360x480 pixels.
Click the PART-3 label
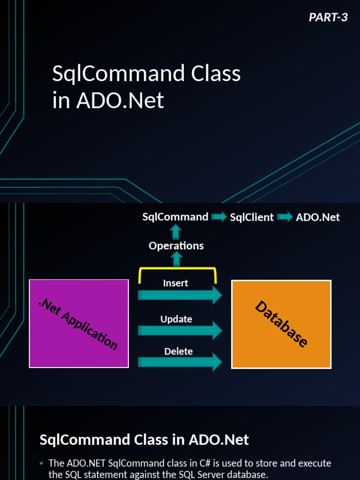point(328,17)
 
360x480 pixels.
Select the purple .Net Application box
point(79,323)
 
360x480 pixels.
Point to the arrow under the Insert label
point(180,295)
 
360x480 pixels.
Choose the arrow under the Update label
point(180,330)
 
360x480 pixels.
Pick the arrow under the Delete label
point(180,362)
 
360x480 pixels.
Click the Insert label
point(176,283)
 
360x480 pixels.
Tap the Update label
point(176,319)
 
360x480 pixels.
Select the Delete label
point(178,352)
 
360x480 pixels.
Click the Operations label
point(176,246)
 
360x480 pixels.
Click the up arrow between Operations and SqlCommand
point(176,232)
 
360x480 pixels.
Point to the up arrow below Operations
point(176,258)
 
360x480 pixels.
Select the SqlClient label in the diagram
point(252,217)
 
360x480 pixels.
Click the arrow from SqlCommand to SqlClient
point(219,217)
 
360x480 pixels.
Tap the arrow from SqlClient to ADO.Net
point(285,217)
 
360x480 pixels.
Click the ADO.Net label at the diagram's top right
point(318,217)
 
